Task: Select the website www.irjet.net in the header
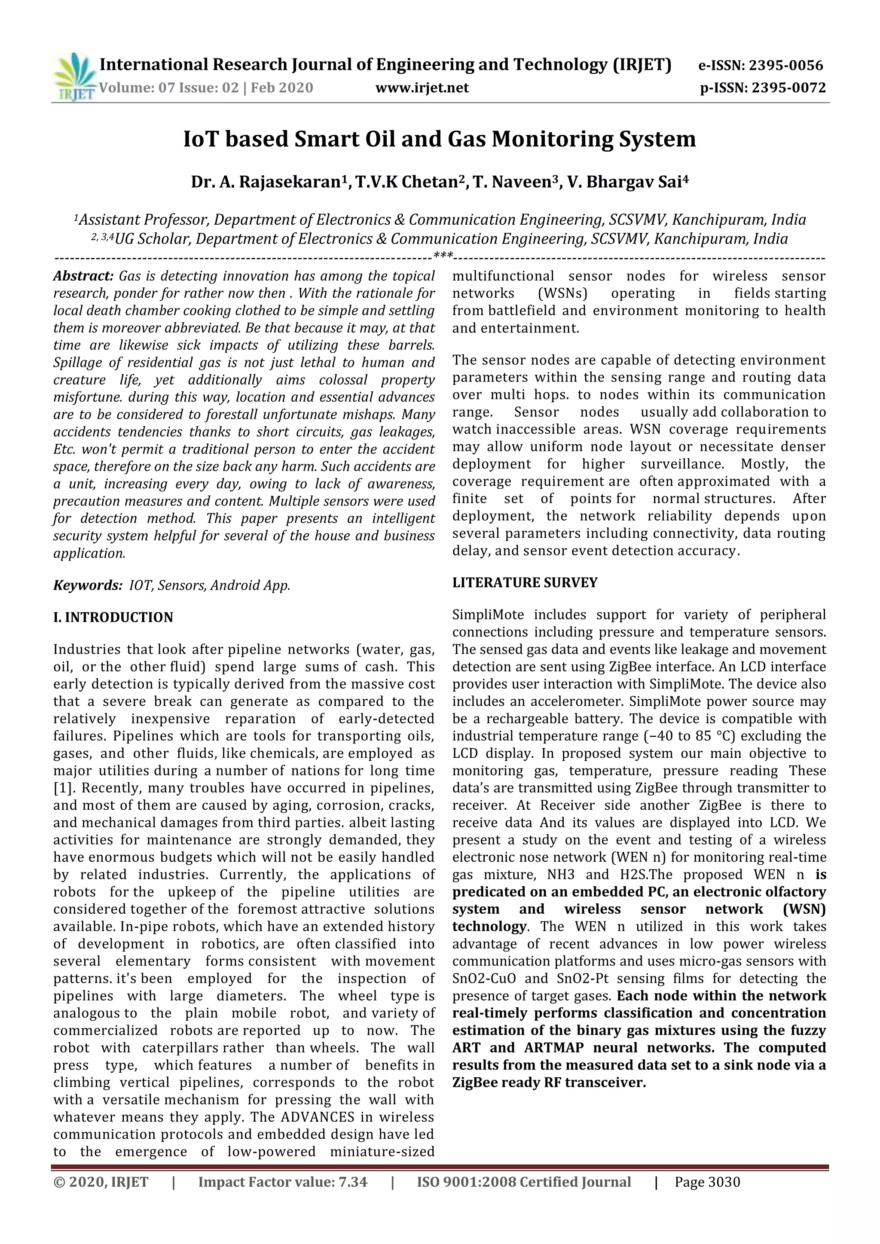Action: point(422,88)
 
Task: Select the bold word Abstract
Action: point(83,276)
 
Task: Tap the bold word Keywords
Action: point(87,585)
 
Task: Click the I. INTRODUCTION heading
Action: point(113,618)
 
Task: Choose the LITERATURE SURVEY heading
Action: point(525,583)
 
